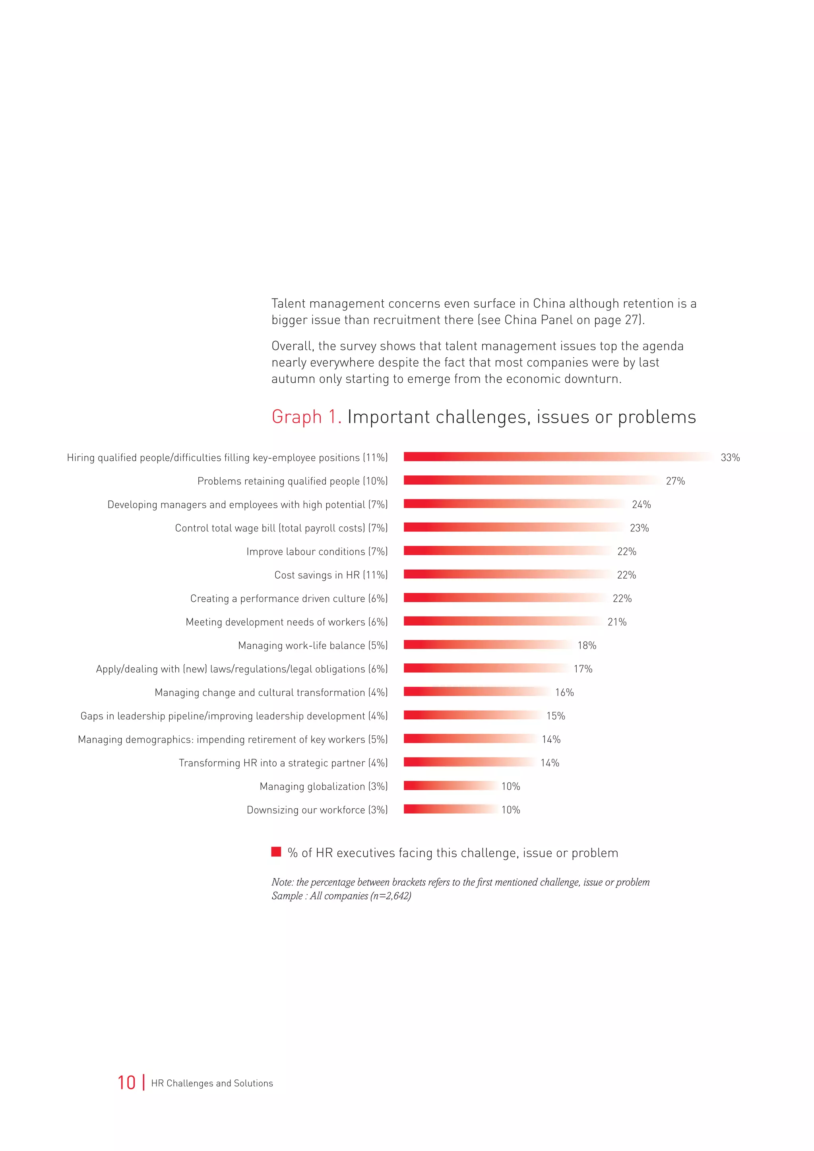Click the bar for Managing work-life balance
click(487, 645)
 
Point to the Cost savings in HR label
click(331, 575)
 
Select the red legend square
click(276, 852)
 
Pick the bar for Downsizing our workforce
click(450, 809)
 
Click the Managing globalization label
click(323, 786)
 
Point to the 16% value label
click(564, 692)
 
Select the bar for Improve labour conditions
click(507, 550)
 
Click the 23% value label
click(639, 528)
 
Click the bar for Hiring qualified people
click(557, 457)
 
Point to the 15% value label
click(555, 716)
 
